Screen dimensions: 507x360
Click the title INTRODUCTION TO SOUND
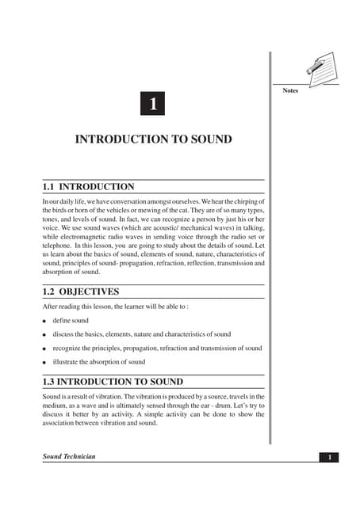point(153,139)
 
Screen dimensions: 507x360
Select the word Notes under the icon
point(290,91)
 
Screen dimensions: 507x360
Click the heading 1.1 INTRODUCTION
point(88,187)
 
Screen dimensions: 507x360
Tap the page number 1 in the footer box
point(329,457)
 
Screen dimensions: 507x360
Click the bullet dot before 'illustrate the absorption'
point(45,363)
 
